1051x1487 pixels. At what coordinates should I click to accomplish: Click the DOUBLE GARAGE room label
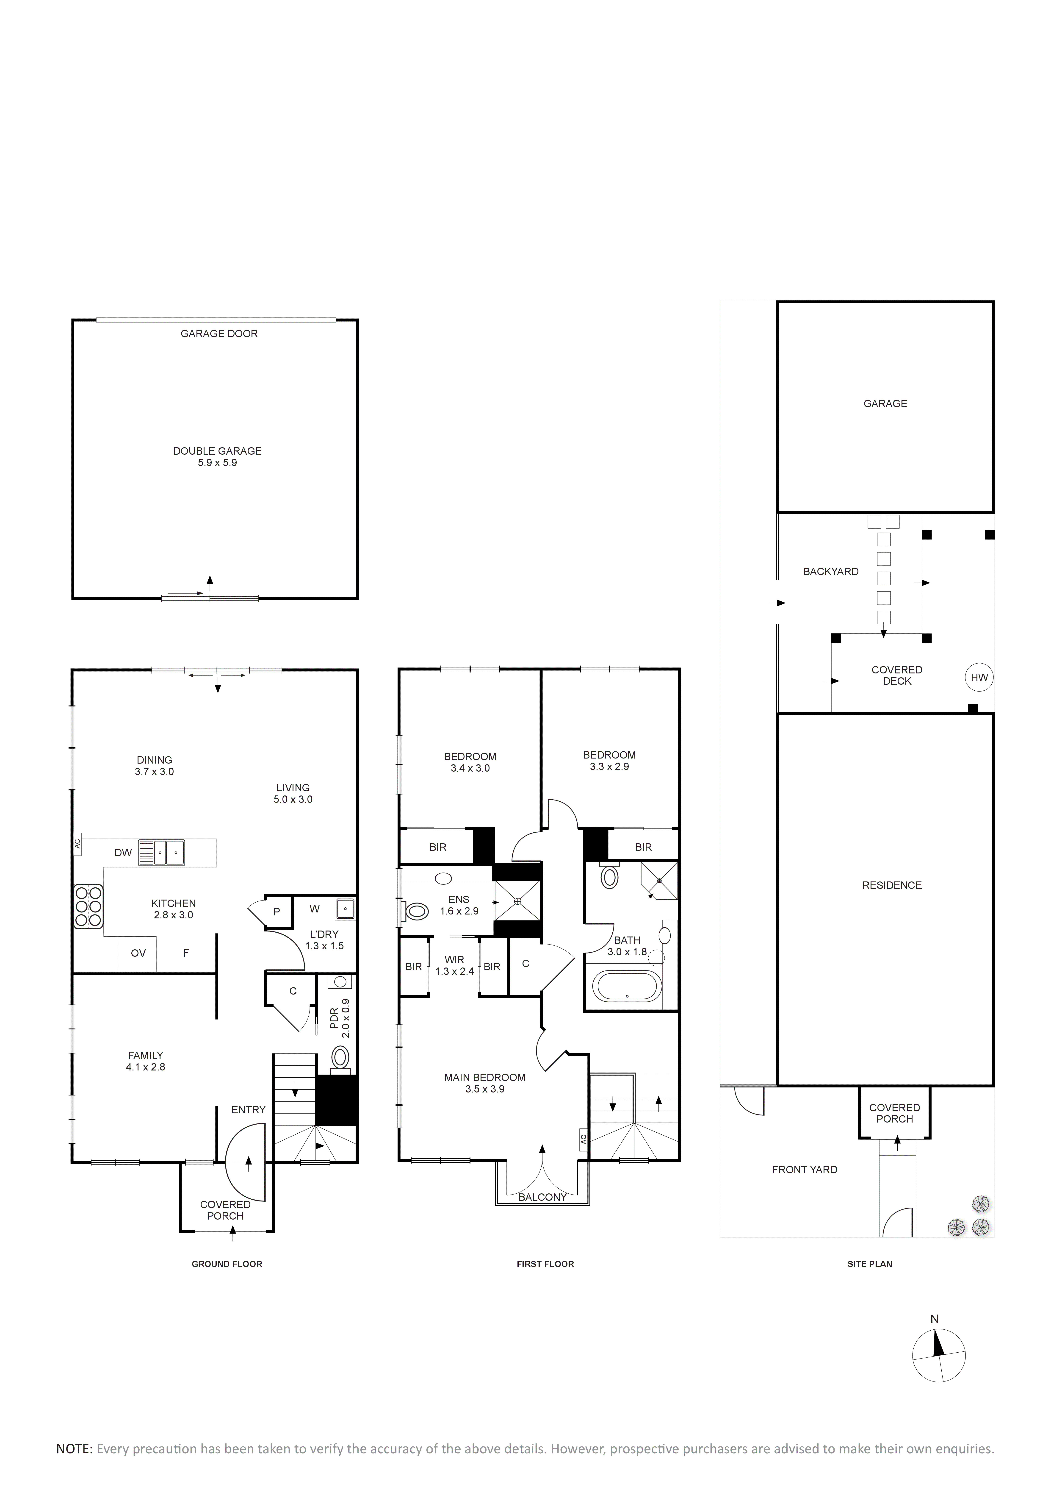218,451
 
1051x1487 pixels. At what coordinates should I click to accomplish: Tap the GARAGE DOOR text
219,334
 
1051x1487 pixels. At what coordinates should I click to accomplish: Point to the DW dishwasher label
123,853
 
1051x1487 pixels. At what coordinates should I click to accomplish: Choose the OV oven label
138,953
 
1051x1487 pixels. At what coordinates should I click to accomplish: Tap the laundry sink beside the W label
345,909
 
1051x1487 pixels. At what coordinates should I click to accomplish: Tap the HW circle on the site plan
979,677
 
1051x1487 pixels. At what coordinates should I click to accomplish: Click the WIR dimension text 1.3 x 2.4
455,971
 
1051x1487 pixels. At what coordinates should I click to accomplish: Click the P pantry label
277,912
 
